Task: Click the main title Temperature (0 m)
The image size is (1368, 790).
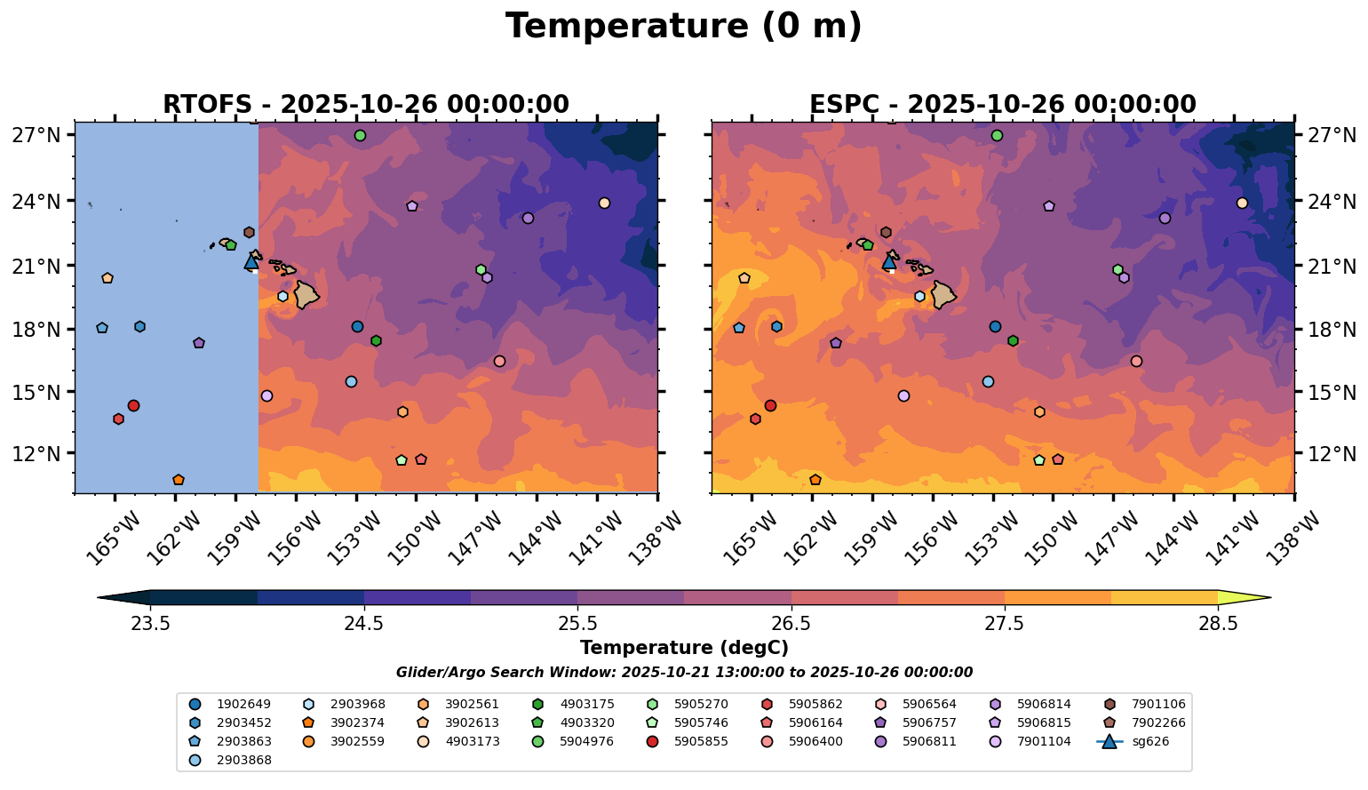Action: [683, 27]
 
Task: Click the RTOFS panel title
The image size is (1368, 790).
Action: [365, 105]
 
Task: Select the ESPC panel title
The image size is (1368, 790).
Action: [1003, 105]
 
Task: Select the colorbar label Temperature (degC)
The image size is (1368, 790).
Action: [683, 648]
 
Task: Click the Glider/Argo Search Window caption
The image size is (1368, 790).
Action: [683, 673]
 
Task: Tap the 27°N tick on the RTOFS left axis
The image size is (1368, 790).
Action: [36, 136]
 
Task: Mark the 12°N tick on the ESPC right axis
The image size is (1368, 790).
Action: [1330, 454]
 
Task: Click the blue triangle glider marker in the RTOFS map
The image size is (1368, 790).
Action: [251, 261]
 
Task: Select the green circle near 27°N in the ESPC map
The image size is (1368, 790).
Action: [997, 136]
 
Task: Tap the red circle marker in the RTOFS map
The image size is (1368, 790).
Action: [133, 406]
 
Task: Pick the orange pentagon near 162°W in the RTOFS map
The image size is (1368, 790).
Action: [179, 480]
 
